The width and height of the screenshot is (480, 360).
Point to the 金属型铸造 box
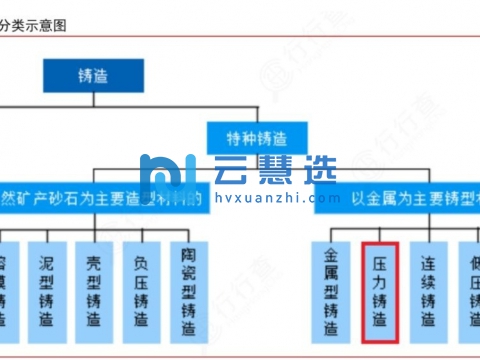(x=332, y=290)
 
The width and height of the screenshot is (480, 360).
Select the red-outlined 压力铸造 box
(x=381, y=290)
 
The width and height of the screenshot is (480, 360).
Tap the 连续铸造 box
(x=429, y=290)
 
